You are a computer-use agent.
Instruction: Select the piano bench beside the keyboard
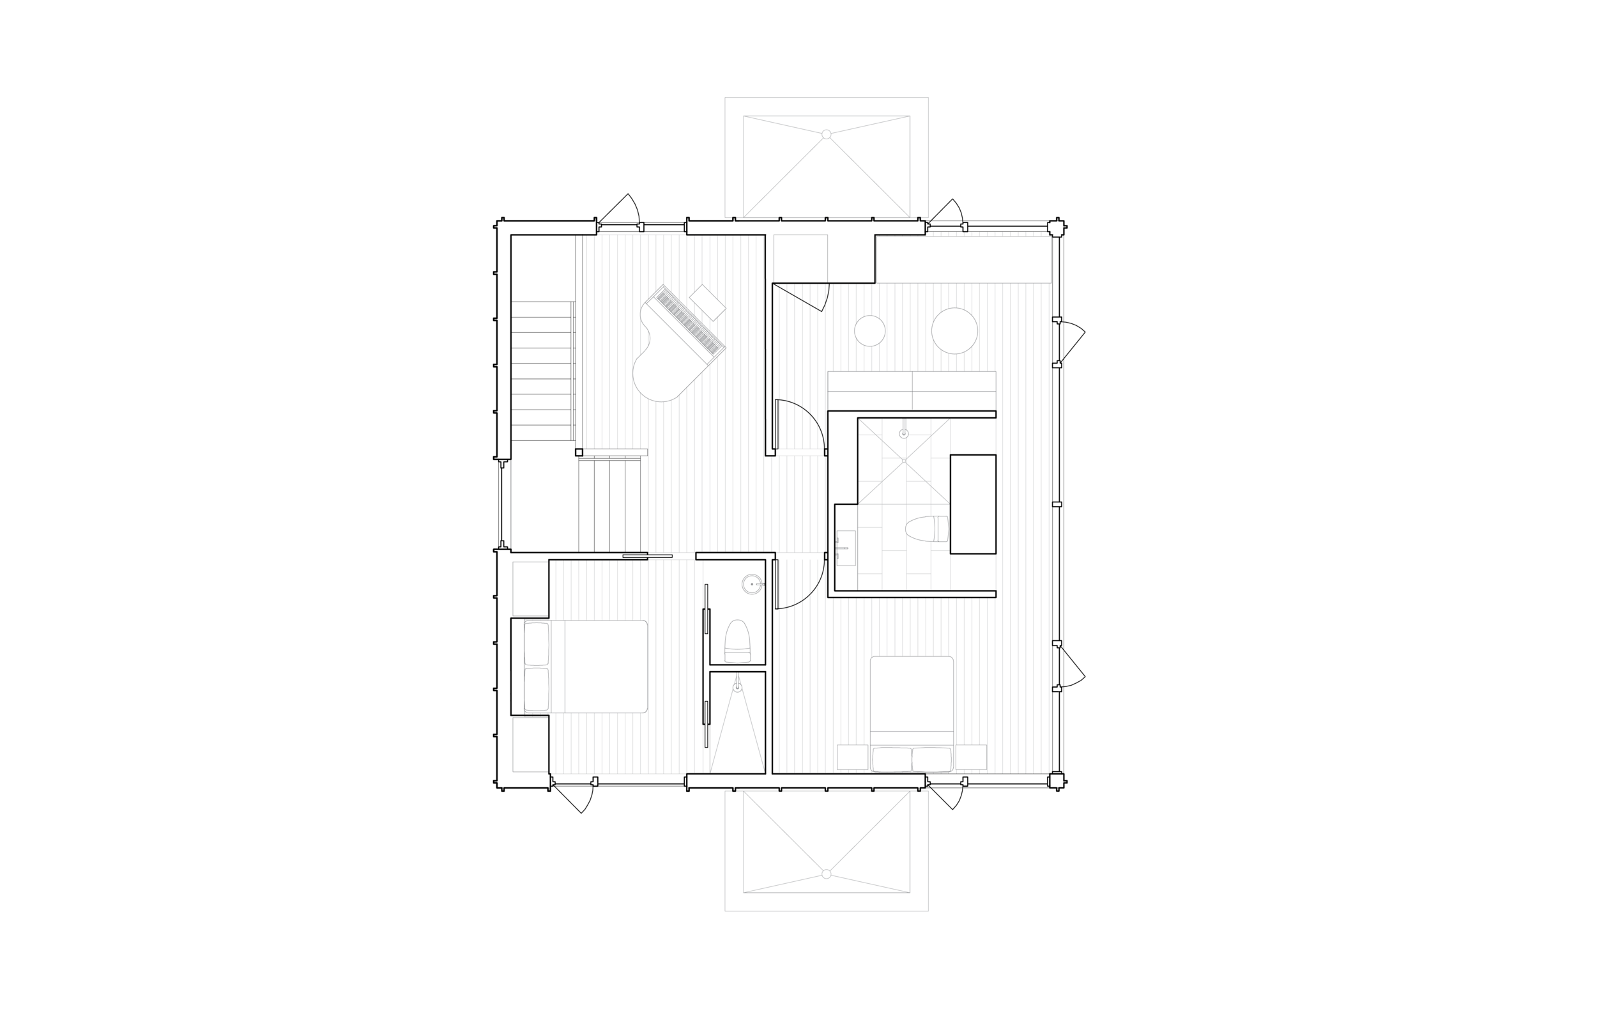707,303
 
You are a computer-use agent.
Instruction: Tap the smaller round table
869,331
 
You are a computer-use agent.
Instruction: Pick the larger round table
954,330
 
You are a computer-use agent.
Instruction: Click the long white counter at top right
963,260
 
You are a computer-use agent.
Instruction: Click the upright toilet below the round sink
737,642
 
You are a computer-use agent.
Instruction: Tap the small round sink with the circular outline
753,585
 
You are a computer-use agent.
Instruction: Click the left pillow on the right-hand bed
891,759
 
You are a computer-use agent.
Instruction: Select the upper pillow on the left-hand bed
537,644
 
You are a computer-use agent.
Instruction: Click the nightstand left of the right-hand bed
853,757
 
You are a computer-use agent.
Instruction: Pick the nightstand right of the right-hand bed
971,757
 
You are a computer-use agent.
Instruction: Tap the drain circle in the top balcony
827,135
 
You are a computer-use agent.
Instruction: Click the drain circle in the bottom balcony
827,874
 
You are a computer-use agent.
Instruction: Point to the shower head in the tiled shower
904,434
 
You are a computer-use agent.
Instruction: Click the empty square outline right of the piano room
800,258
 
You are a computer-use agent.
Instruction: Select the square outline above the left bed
531,589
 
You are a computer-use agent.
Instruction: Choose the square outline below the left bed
531,745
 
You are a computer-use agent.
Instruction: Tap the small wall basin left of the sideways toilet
846,547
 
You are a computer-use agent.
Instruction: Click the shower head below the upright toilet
737,686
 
